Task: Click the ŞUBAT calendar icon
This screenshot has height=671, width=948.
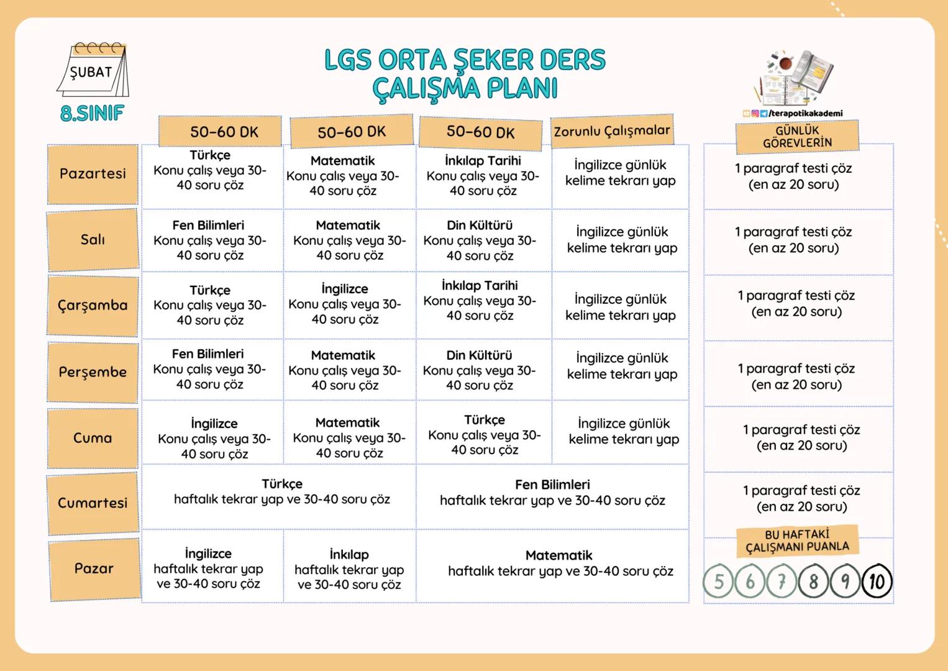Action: (93, 70)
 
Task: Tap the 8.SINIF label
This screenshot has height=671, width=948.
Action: (92, 113)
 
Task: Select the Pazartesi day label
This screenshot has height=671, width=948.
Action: (93, 174)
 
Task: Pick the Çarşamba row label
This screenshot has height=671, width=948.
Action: (93, 306)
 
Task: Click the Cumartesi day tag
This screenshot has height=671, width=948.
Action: (93, 503)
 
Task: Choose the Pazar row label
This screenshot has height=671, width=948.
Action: (94, 568)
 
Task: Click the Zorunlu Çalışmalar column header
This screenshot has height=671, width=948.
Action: (612, 131)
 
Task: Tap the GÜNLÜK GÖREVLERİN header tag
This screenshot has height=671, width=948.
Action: (797, 137)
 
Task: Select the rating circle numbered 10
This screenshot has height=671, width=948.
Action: (877, 581)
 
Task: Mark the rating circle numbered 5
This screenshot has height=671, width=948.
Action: (719, 582)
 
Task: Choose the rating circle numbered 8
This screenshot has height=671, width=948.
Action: (813, 582)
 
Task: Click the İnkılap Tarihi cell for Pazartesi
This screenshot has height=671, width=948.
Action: (483, 176)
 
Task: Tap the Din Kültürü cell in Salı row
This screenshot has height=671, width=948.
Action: (480, 240)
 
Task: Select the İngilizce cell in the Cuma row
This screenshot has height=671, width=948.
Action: (214, 439)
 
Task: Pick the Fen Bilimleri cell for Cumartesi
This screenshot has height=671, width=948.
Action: (552, 493)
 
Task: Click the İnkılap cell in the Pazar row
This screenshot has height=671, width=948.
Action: (349, 569)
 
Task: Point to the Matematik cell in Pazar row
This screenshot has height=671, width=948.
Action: (560, 564)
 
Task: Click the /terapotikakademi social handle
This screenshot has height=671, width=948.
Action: (805, 113)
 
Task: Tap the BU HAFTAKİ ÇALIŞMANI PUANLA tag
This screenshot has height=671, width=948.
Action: (797, 541)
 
